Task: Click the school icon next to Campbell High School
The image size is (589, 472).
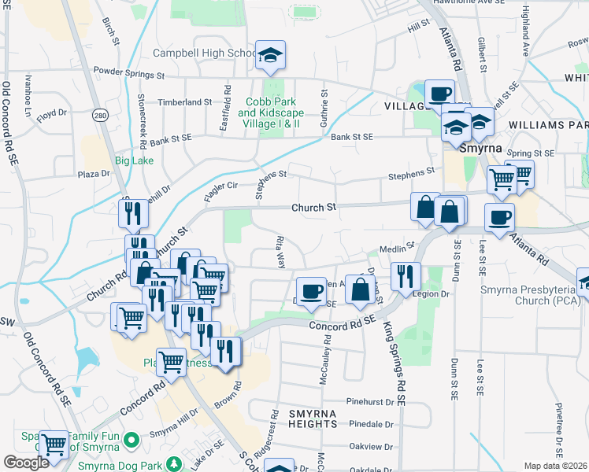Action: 270,55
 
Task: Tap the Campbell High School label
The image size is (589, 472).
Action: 203,53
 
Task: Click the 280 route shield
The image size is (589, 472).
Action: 99,116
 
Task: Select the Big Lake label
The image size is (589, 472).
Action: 132,160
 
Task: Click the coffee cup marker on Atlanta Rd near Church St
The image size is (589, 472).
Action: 498,218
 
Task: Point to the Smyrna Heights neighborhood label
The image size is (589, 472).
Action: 313,419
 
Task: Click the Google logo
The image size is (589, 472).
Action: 26,463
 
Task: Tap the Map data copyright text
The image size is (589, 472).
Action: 556,466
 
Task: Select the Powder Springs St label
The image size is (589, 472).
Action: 128,76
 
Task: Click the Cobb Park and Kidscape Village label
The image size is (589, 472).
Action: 271,112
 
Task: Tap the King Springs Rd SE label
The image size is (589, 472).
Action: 394,363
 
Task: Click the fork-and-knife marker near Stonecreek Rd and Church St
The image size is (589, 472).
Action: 132,213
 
